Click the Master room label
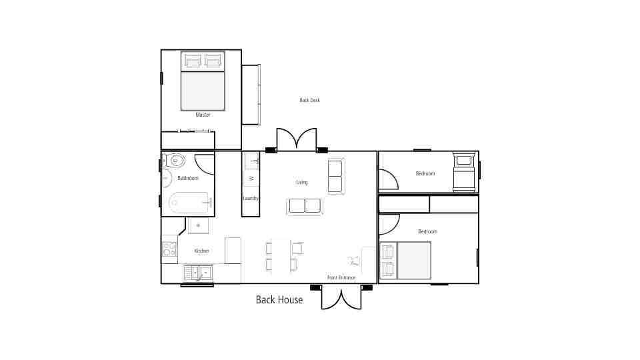[x=203, y=115]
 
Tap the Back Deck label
[x=310, y=100]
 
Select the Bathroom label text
[x=188, y=179]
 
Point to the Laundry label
[x=251, y=199]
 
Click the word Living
[x=302, y=183]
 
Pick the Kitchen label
[x=201, y=251]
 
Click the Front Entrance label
[x=341, y=277]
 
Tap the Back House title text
[x=279, y=300]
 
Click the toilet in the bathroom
[x=174, y=160]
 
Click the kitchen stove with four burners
[x=169, y=249]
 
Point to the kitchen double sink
[x=198, y=273]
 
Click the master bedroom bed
[x=203, y=81]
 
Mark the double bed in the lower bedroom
[x=406, y=261]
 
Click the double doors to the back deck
[x=297, y=139]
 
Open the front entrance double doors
[x=341, y=298]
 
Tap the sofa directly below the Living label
[x=305, y=206]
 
